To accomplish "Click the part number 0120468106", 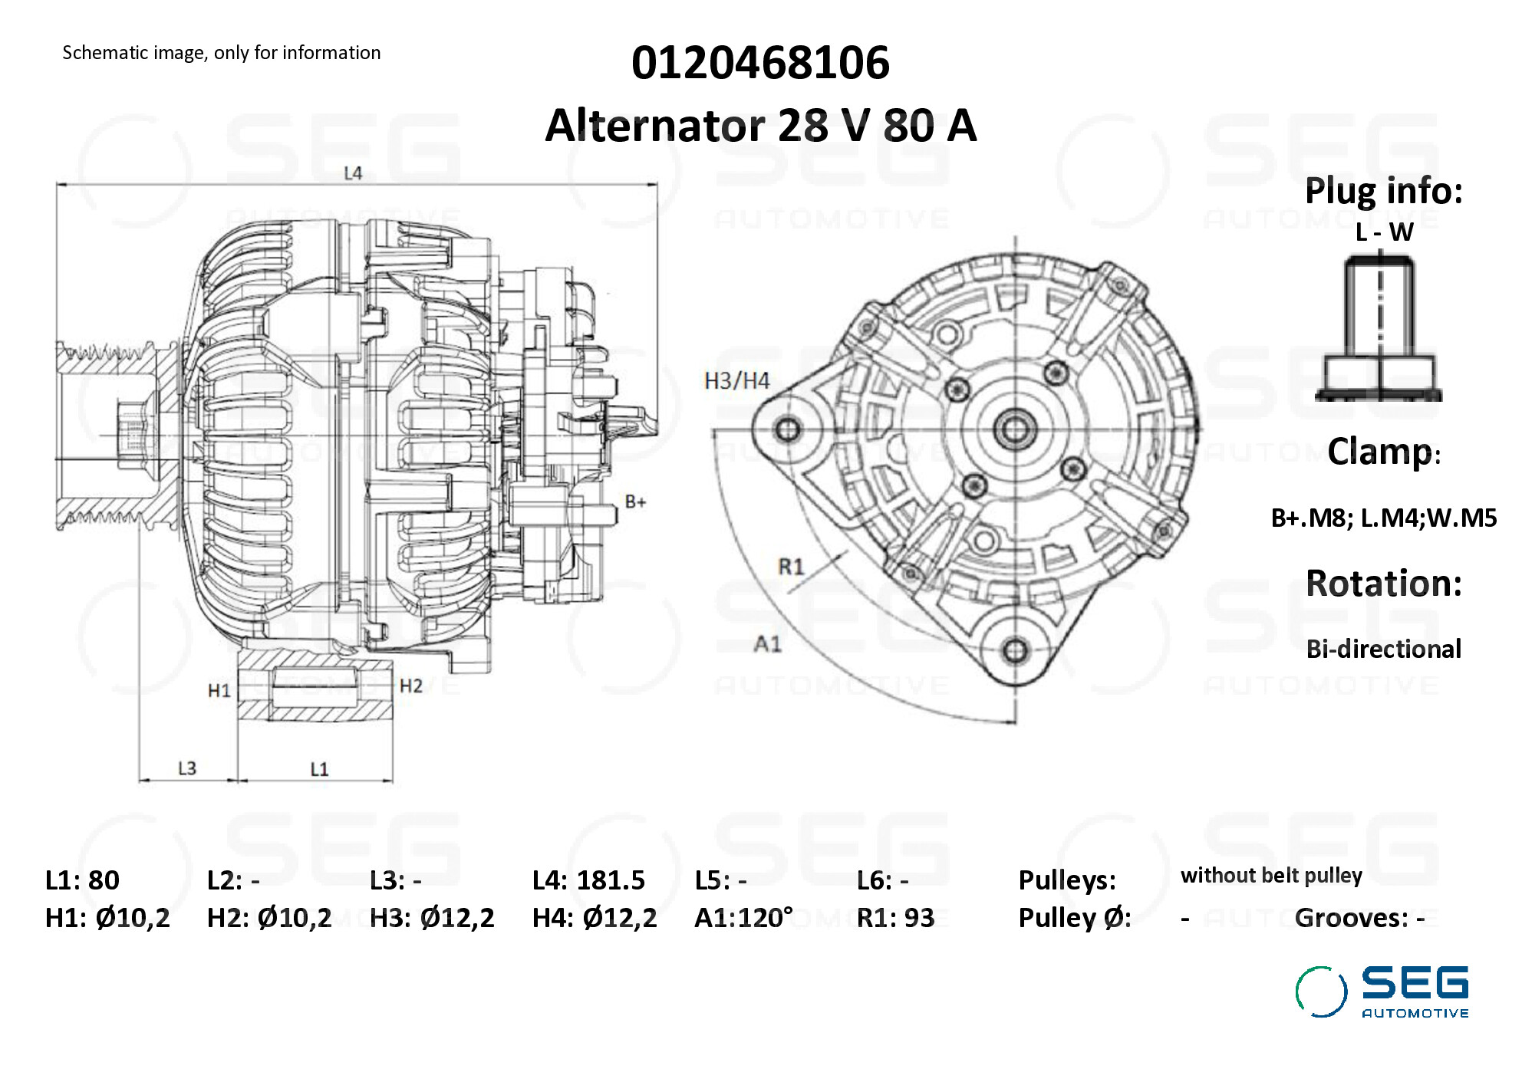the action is (x=760, y=62).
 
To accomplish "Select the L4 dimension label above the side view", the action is (x=353, y=173).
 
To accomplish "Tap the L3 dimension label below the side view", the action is (x=187, y=768).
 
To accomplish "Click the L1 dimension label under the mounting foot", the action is (x=319, y=769).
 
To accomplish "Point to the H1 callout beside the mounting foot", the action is (x=219, y=691).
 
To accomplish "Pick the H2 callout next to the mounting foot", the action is (x=411, y=686).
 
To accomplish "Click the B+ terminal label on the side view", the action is (x=635, y=502).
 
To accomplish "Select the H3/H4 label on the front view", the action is (x=736, y=380).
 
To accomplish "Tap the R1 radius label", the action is (x=791, y=567).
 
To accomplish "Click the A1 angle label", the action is (x=768, y=643).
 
